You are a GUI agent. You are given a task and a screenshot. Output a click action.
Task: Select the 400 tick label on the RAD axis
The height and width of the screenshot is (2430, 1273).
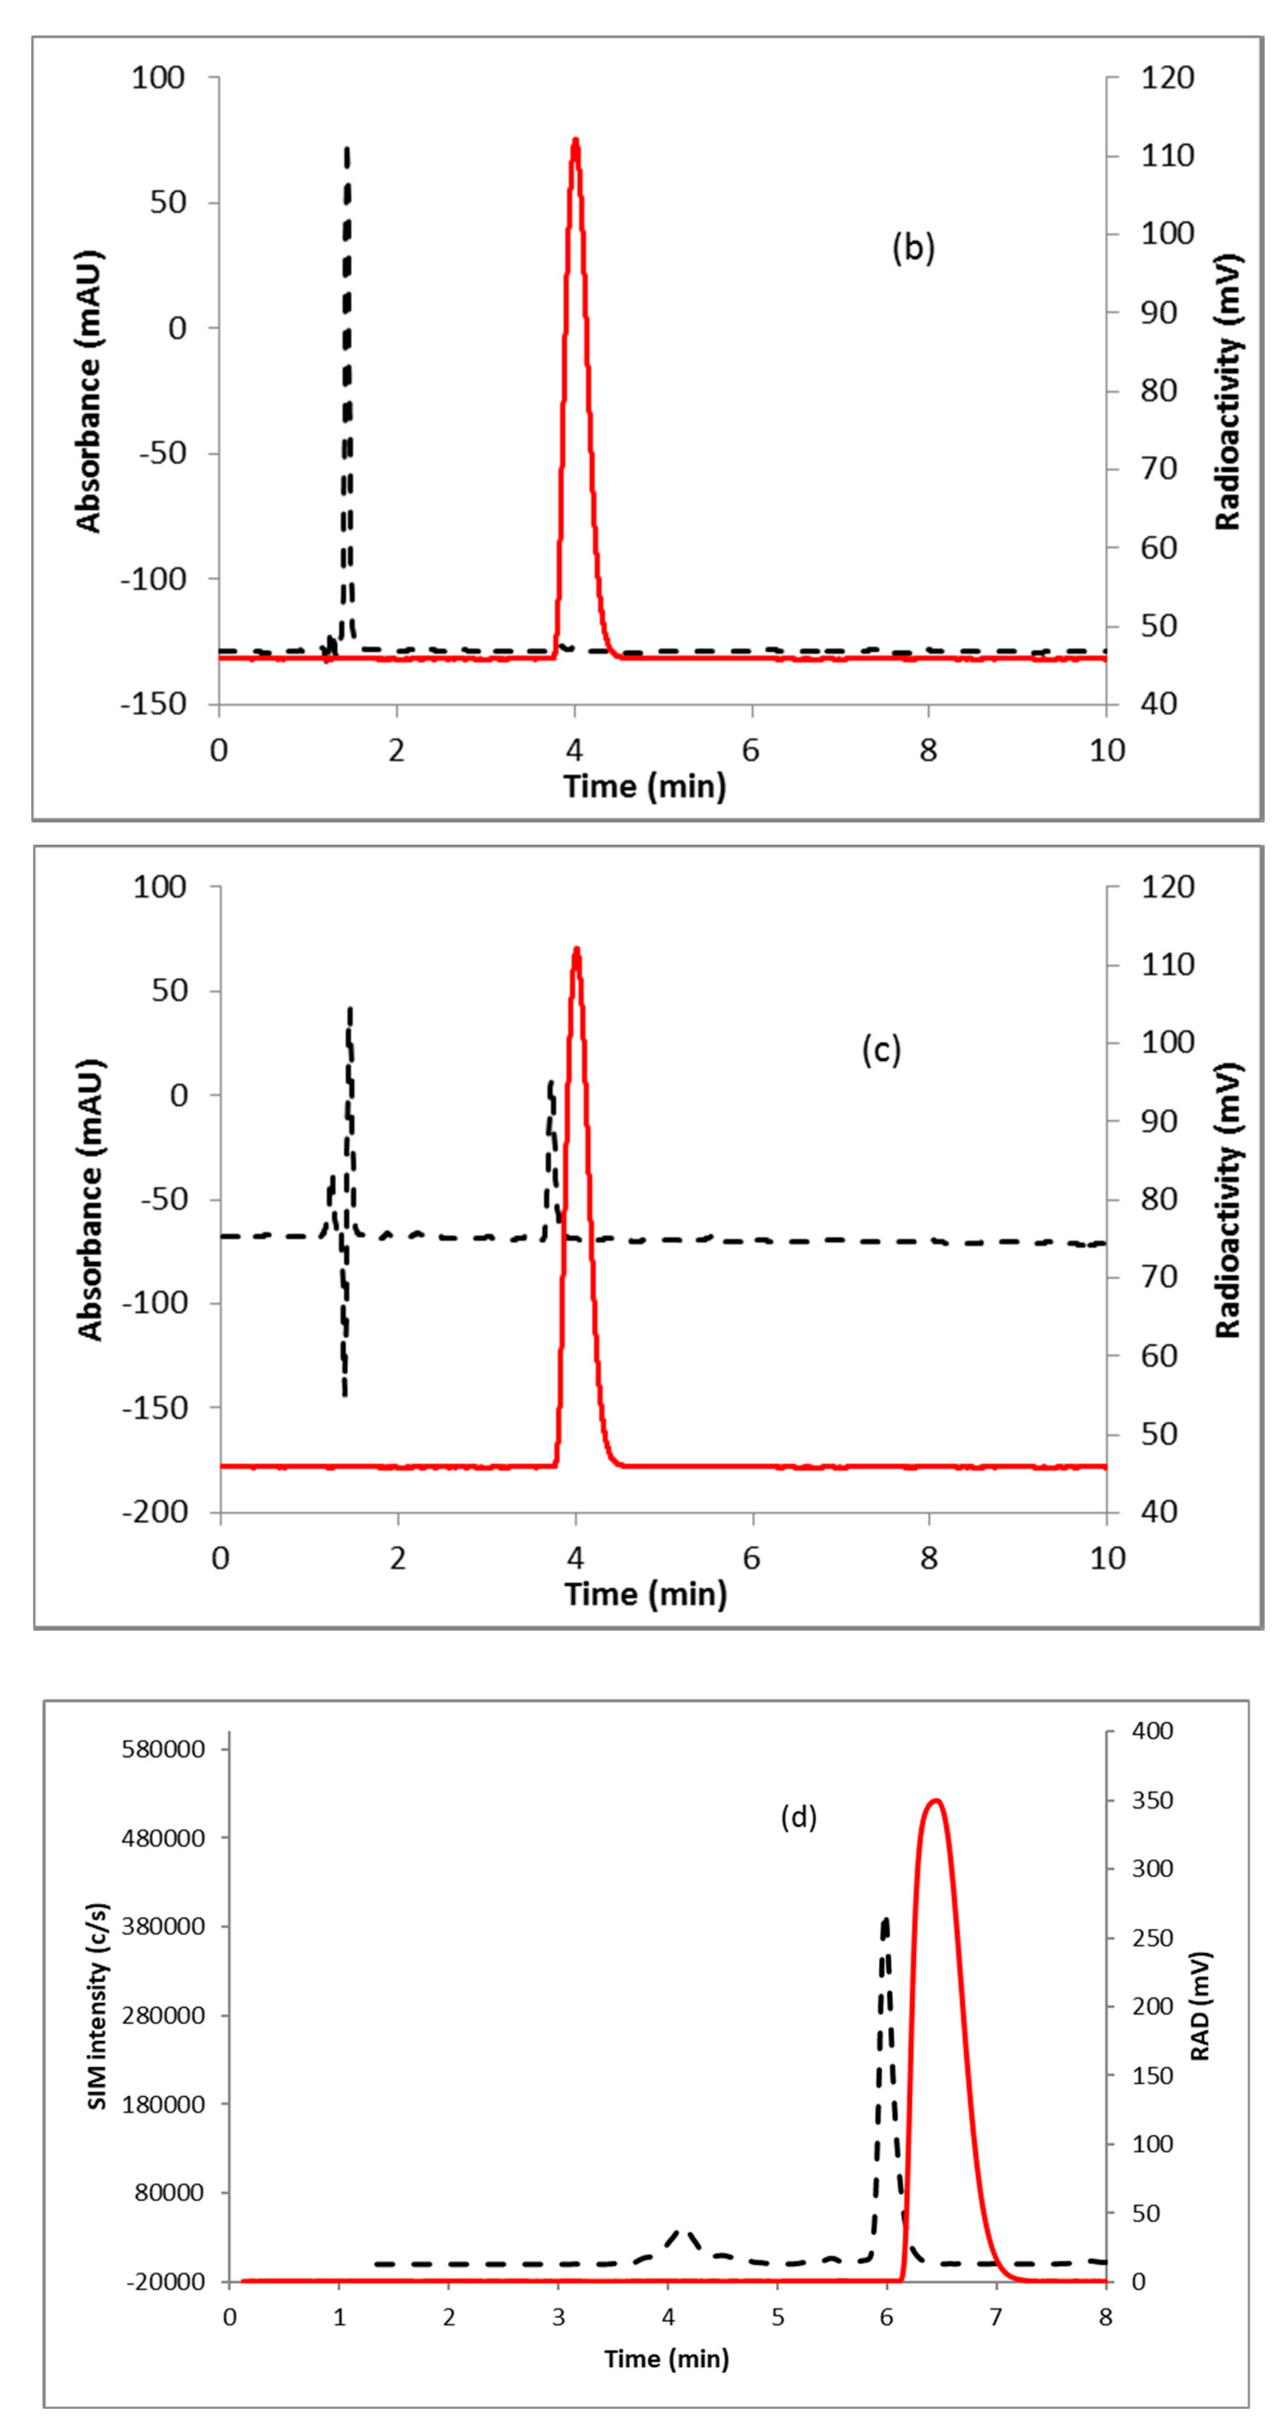pyautogui.click(x=1151, y=1730)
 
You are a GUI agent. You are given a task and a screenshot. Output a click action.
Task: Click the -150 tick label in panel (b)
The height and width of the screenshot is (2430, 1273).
pyautogui.click(x=153, y=704)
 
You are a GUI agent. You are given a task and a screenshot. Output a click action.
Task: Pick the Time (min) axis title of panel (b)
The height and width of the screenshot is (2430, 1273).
pyautogui.click(x=645, y=786)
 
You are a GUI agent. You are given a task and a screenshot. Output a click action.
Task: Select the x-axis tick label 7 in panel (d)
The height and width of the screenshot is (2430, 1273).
pyautogui.click(x=996, y=2317)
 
